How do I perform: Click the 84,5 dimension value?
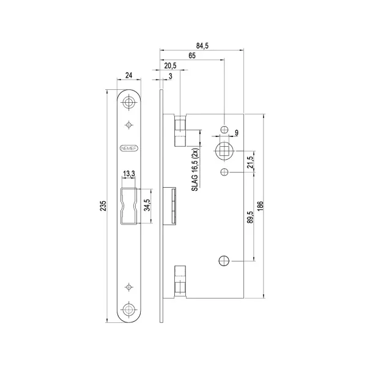click(202, 46)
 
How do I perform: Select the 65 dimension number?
click(192, 56)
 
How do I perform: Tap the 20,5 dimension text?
click(170, 66)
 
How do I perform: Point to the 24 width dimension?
click(128, 75)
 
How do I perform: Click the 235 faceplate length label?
click(103, 206)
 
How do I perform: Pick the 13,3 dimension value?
click(129, 174)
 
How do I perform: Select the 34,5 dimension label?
click(147, 205)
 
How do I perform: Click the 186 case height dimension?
click(261, 206)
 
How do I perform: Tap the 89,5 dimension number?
click(250, 217)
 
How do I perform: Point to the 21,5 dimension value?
click(250, 162)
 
